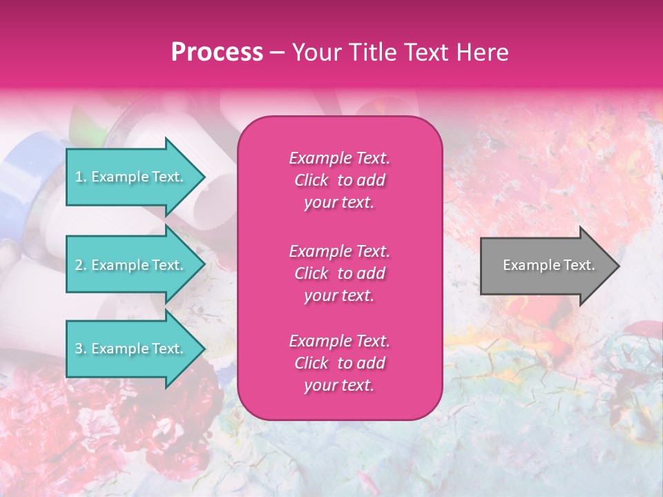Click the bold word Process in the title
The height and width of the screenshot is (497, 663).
pos(217,52)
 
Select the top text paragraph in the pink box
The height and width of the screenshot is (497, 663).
pos(339,180)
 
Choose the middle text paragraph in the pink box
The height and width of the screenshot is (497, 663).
pos(339,273)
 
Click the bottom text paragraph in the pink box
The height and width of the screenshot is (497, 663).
pos(339,363)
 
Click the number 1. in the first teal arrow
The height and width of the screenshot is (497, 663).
pos(81,177)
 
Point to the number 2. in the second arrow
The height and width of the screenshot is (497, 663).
pos(81,265)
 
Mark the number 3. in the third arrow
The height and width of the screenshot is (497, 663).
pos(81,349)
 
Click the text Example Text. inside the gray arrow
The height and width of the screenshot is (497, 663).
pos(548,265)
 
